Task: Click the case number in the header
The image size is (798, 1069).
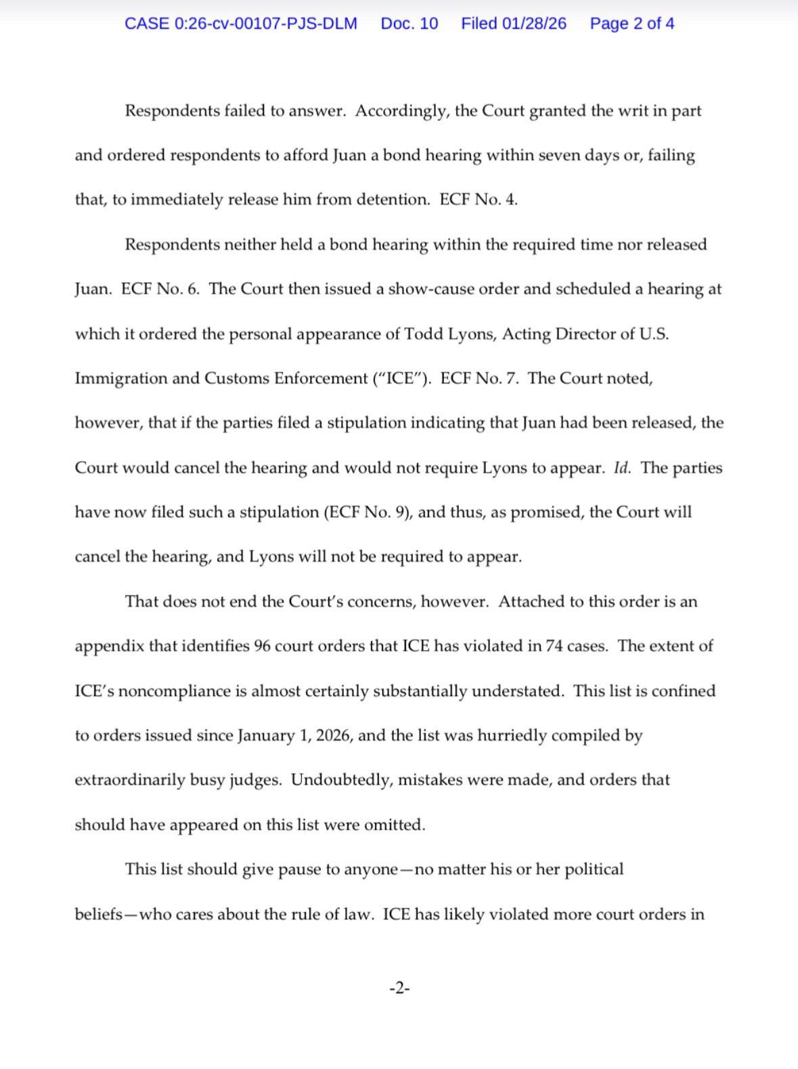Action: click(x=241, y=24)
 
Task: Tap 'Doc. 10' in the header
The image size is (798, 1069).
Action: click(x=409, y=24)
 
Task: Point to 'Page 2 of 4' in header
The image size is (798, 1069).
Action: click(x=631, y=24)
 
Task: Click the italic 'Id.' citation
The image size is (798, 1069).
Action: click(x=621, y=468)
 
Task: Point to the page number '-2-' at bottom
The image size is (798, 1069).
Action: click(x=399, y=988)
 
